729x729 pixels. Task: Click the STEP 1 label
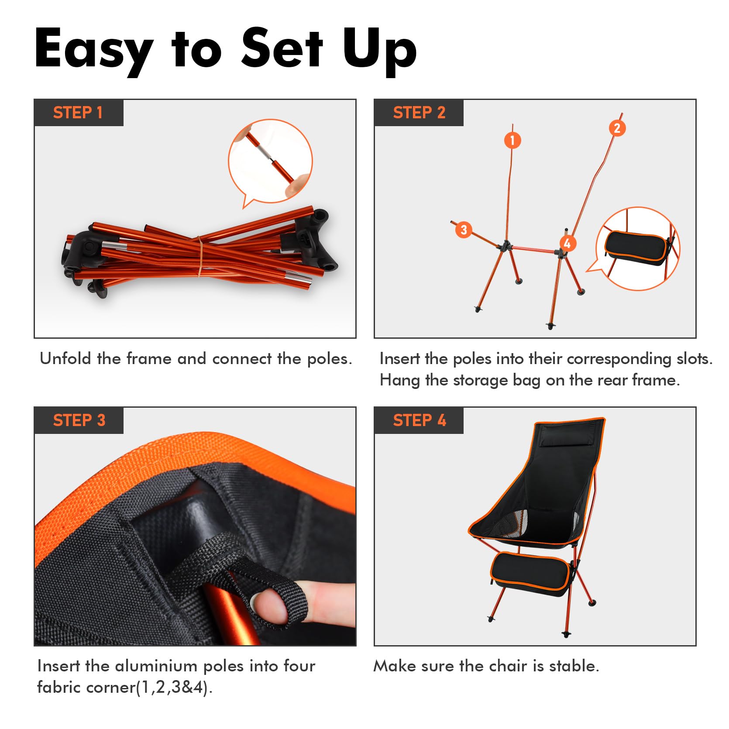[x=78, y=113]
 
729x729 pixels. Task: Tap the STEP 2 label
[x=419, y=113]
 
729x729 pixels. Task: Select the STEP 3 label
[x=79, y=420]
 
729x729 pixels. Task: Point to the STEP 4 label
[x=419, y=420]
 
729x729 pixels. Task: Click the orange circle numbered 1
[x=512, y=140]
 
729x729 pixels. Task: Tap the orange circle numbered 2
[x=617, y=128]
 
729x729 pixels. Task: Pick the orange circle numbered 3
[x=464, y=230]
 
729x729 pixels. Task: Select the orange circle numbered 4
[x=567, y=243]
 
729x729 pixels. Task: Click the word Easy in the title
[x=94, y=49]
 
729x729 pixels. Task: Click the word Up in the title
[x=379, y=49]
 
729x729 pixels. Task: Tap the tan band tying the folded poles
[x=200, y=256]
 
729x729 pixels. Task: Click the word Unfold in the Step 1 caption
[x=65, y=358]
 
